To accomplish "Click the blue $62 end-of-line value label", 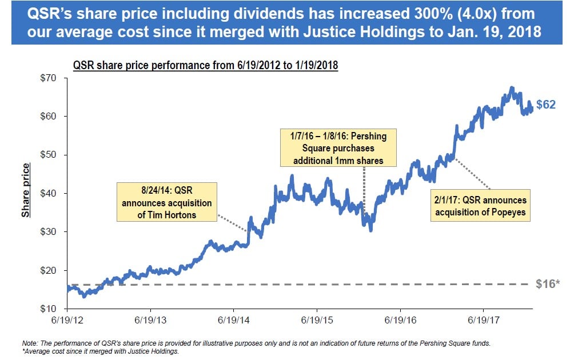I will click(x=545, y=105).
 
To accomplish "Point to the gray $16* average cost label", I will click(x=547, y=284).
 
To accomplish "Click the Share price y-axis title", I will click(x=26, y=191).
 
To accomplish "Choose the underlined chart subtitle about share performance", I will click(x=205, y=66).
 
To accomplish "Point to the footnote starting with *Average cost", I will click(x=100, y=351).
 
